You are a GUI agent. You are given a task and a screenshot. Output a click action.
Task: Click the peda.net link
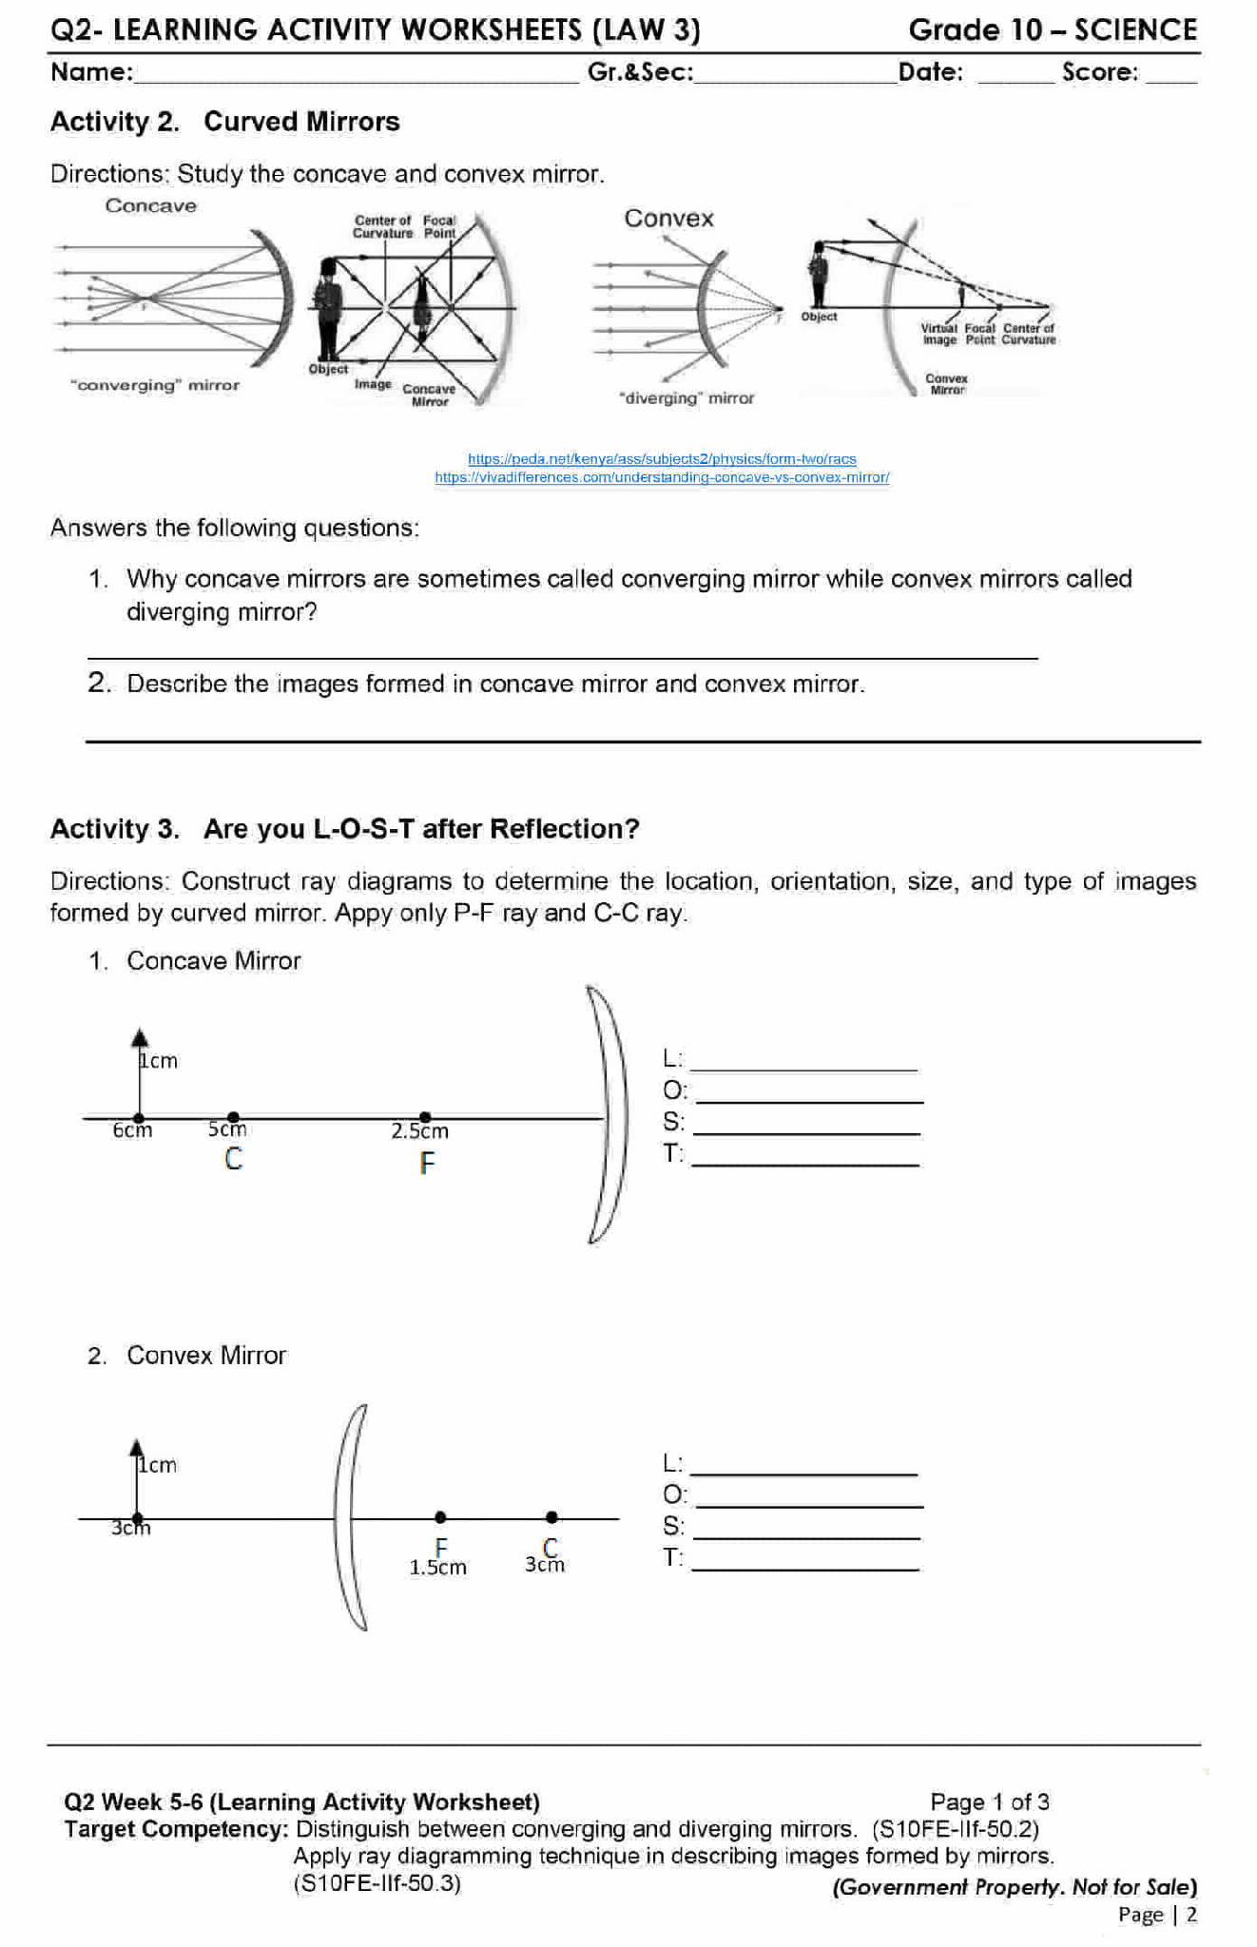coord(662,459)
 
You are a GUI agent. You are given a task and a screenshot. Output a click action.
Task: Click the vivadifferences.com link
coord(662,477)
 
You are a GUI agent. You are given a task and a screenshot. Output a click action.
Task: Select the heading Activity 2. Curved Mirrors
coord(225,122)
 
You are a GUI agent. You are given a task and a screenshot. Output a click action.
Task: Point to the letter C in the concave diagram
coord(233,1159)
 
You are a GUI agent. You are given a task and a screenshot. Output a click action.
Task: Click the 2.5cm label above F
coord(419,1131)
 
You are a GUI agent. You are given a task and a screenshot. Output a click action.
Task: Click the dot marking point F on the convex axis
coord(440,1517)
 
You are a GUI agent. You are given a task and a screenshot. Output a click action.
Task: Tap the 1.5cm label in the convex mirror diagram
coord(437,1568)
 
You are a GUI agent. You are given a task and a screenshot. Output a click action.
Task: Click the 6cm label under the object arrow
coord(132,1130)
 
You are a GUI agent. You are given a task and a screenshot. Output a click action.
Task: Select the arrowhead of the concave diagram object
coord(140,1037)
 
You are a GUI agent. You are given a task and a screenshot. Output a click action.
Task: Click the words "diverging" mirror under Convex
coord(687,398)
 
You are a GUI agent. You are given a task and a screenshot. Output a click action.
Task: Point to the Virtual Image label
coord(938,334)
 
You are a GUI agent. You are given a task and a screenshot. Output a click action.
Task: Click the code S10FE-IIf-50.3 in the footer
coord(377,1883)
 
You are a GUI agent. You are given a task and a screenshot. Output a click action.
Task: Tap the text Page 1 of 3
coord(989,1802)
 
